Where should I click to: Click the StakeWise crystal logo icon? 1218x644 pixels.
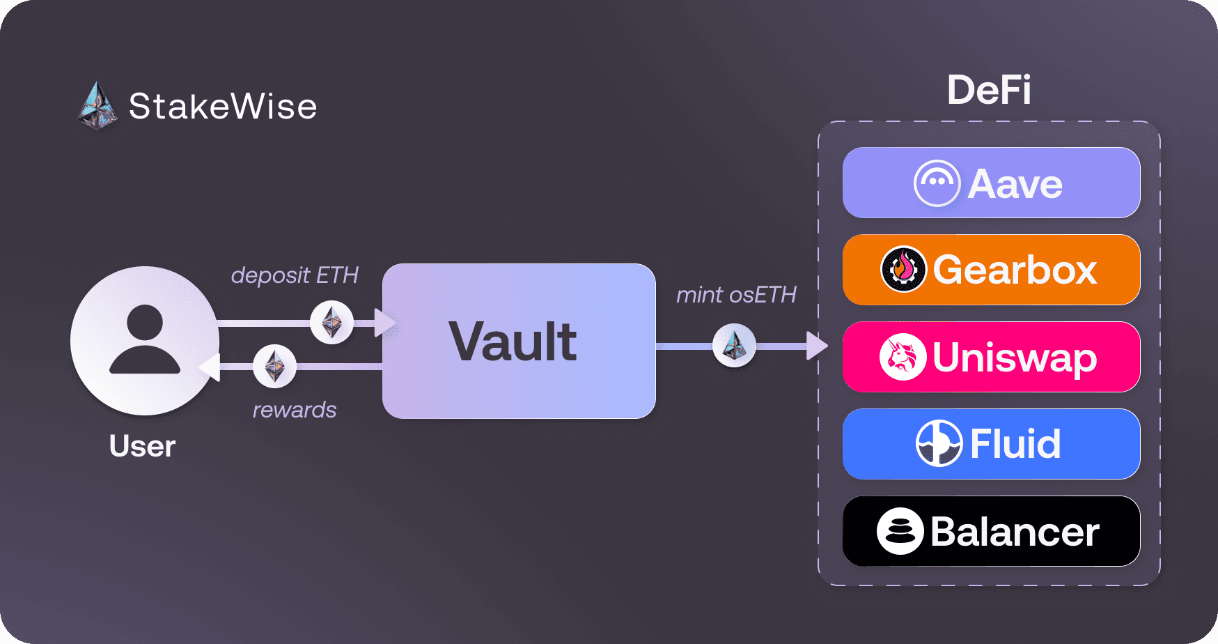click(97, 107)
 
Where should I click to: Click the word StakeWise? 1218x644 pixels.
click(223, 107)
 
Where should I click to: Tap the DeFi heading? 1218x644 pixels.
click(989, 90)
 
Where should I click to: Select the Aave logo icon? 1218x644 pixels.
click(937, 183)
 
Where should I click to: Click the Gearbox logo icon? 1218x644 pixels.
click(903, 270)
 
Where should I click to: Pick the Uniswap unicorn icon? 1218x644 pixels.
click(902, 357)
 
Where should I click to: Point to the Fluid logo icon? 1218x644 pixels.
click(938, 443)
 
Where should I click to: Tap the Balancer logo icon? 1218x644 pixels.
click(900, 531)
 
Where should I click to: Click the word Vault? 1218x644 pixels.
click(513, 342)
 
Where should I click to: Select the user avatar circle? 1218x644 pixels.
click(145, 341)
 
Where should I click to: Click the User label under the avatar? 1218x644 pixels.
click(142, 446)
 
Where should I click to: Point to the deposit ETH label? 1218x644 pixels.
click(295, 275)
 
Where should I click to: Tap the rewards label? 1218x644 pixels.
click(295, 410)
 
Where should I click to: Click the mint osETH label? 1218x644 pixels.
click(736, 295)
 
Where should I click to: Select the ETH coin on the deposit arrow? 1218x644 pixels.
click(331, 322)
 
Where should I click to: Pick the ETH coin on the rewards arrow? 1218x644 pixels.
click(274, 366)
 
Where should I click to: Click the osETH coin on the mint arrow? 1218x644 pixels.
click(734, 345)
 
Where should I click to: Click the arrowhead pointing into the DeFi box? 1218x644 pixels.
click(816, 346)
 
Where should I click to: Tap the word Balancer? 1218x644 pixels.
click(1015, 532)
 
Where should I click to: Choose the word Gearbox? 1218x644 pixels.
click(1015, 270)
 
